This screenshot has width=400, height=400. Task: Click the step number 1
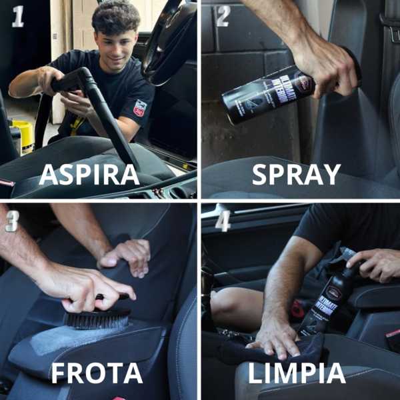(x=17, y=17)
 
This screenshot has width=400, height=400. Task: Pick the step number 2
(x=221, y=17)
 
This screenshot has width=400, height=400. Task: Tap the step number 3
(x=12, y=221)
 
